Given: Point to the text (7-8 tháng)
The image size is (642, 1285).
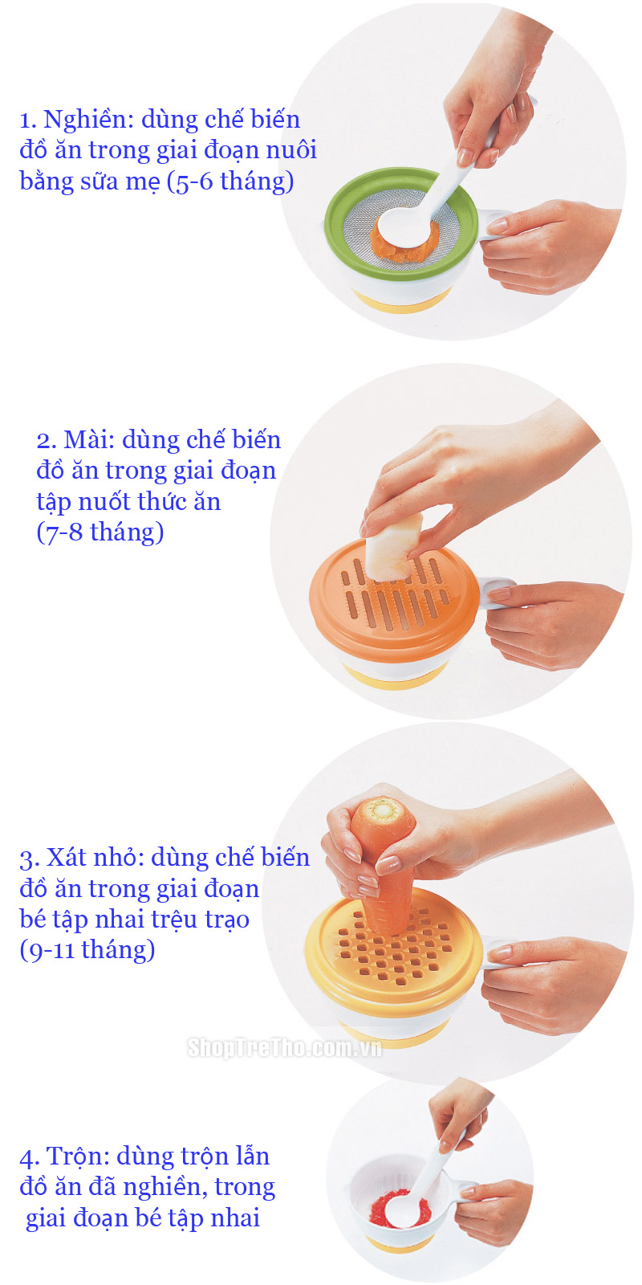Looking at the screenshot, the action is coord(100,532).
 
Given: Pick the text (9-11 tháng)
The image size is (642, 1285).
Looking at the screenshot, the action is coord(87,950).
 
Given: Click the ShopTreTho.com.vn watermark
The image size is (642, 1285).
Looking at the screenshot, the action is coord(284,1047).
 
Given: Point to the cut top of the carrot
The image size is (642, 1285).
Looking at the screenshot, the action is coord(383,810).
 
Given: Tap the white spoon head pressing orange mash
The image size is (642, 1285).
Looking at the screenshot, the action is coord(404,225).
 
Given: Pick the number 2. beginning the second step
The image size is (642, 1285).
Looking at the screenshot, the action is coord(46,441).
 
